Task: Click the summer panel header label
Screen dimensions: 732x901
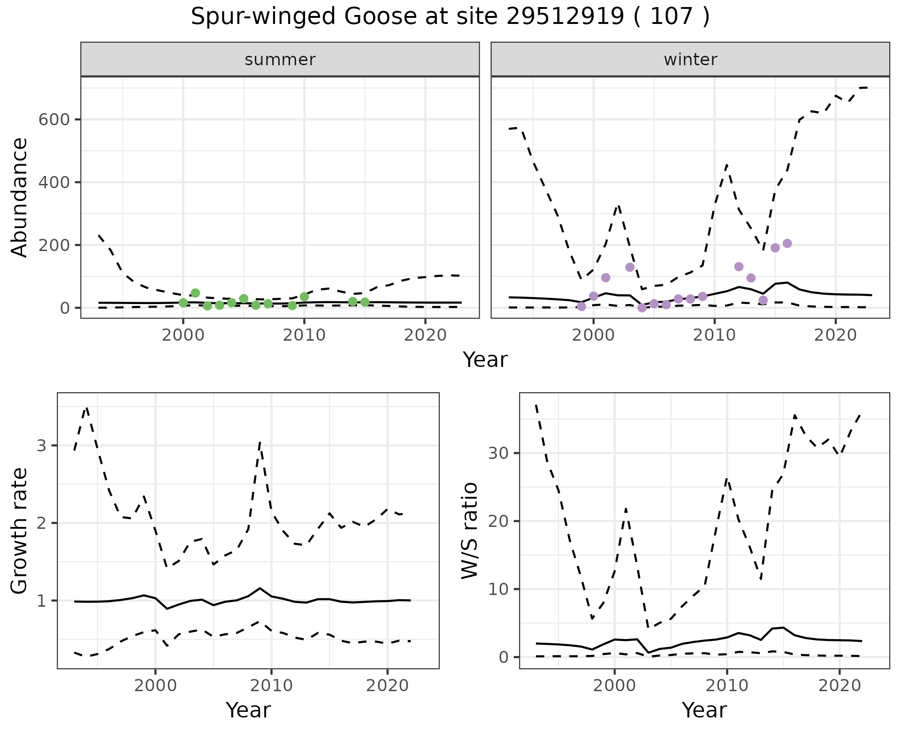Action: pyautogui.click(x=280, y=60)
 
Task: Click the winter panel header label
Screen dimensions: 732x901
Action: pyautogui.click(x=690, y=60)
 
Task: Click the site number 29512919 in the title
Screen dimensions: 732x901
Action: pyautogui.click(x=565, y=17)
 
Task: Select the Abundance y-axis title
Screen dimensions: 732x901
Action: pyautogui.click(x=20, y=198)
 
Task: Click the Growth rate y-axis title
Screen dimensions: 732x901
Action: pyautogui.click(x=20, y=531)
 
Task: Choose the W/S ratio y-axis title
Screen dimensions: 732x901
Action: pyautogui.click(x=469, y=531)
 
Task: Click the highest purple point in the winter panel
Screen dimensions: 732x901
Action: pyautogui.click(x=787, y=244)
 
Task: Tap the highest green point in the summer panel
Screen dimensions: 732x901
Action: pyautogui.click(x=195, y=293)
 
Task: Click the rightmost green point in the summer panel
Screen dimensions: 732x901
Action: pyautogui.click(x=365, y=302)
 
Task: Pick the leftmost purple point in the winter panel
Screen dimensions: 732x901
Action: pyautogui.click(x=581, y=306)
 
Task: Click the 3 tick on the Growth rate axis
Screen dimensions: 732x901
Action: pyautogui.click(x=41, y=445)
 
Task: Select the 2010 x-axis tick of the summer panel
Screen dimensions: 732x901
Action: pyautogui.click(x=304, y=335)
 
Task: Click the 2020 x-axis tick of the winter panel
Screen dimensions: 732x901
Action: pyautogui.click(x=835, y=335)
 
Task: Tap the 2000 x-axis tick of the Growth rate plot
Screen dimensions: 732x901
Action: pyautogui.click(x=155, y=686)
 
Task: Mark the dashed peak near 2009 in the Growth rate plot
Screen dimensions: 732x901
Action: pyautogui.click(x=260, y=442)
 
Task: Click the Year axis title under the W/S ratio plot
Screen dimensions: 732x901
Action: pyautogui.click(x=704, y=710)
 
